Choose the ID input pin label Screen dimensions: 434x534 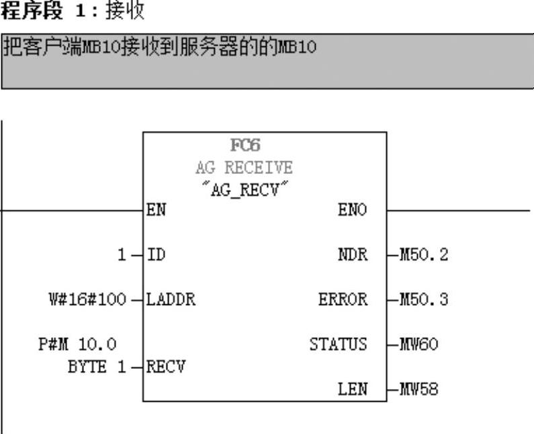[x=154, y=255]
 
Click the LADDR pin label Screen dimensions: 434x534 [x=171, y=300]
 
